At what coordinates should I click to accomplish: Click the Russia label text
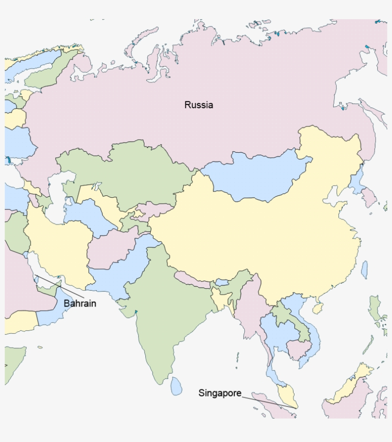pyautogui.click(x=198, y=105)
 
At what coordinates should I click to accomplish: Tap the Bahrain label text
pyautogui.click(x=80, y=303)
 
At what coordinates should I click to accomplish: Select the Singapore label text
pyautogui.click(x=220, y=393)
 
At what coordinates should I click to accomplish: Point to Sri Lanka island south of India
pyautogui.click(x=176, y=385)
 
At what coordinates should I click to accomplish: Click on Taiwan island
pyautogui.click(x=364, y=270)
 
